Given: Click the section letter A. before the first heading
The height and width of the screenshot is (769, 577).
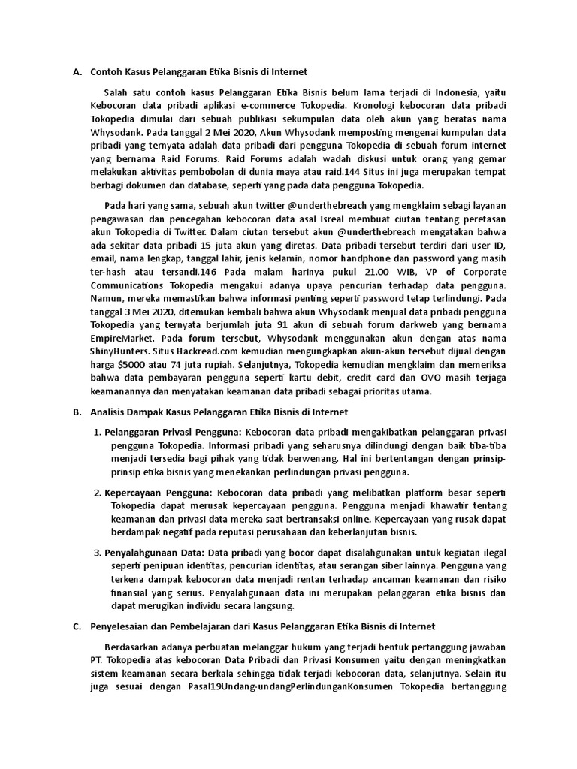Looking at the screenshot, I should point(77,72).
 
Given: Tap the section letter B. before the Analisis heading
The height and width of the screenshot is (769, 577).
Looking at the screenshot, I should point(77,412).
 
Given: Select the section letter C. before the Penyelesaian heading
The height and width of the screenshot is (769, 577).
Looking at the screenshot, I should point(77,626).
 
